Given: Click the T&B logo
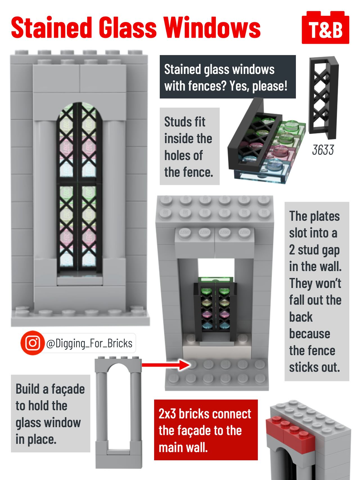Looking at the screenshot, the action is click(x=325, y=28).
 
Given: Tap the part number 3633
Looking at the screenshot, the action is click(x=323, y=150).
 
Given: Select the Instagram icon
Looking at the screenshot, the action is click(x=33, y=343).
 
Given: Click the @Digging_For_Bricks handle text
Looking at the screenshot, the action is click(x=89, y=344).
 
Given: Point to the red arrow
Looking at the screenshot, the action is click(x=166, y=365).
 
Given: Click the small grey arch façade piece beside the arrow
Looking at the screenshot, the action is click(x=118, y=412).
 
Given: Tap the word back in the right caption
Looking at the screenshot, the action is click(x=301, y=317).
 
